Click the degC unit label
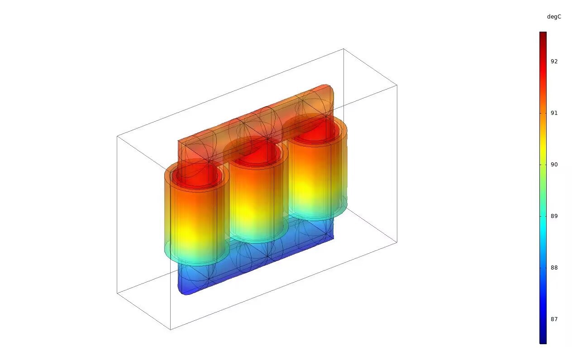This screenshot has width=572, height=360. (x=554, y=17)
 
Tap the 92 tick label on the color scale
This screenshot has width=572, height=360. (x=554, y=62)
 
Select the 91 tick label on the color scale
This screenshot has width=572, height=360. (x=554, y=113)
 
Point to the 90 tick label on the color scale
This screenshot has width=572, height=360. (x=554, y=165)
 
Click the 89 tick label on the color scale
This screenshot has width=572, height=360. (x=554, y=216)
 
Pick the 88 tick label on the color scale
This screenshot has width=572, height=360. (x=554, y=268)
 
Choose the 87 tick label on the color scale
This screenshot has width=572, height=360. (x=554, y=319)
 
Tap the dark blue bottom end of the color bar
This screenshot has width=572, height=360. (x=543, y=342)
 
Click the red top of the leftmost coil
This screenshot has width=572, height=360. (x=195, y=176)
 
